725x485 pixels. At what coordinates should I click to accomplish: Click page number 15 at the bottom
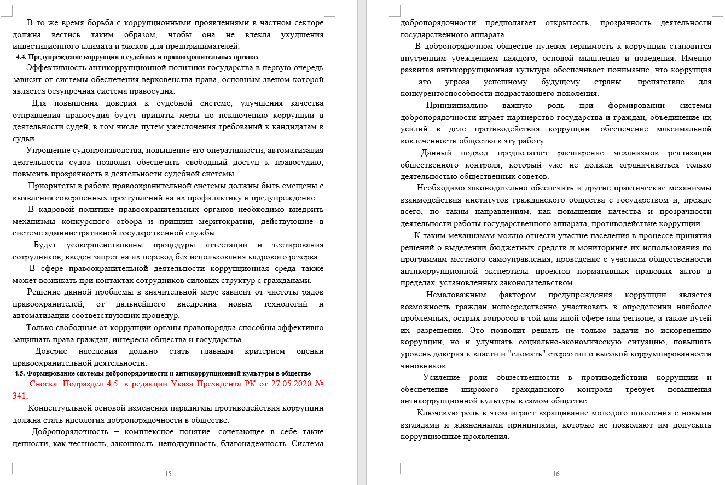(x=168, y=474)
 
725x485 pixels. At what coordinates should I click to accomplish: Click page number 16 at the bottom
(x=556, y=474)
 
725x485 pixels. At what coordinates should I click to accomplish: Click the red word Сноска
(x=44, y=384)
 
